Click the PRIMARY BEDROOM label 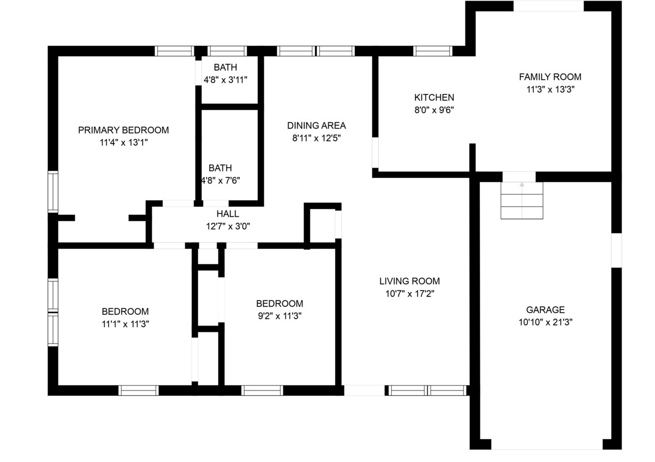[x=123, y=130]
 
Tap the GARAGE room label [x=545, y=310]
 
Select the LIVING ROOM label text [x=409, y=281]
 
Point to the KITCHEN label [x=434, y=97]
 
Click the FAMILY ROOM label [x=550, y=76]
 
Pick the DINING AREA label [x=317, y=125]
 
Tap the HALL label [x=228, y=214]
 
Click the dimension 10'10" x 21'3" [x=545, y=322]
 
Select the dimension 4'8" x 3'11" [x=225, y=80]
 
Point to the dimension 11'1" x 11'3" [x=125, y=324]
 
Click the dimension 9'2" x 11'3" [x=279, y=316]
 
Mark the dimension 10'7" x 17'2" [x=409, y=293]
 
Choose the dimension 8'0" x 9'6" [x=434, y=110]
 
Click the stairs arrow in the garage [x=522, y=200]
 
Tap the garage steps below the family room [x=522, y=200]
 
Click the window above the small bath [x=227, y=51]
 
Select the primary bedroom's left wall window [x=53, y=192]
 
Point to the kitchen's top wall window [x=433, y=51]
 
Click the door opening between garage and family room [x=519, y=177]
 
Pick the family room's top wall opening [x=549, y=6]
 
